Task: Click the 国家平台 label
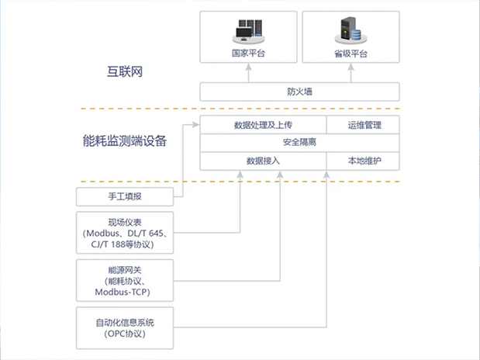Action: point(249,54)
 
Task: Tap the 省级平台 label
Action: point(350,54)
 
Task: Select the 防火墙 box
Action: point(299,92)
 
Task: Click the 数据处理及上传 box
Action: point(262,125)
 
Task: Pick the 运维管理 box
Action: point(362,125)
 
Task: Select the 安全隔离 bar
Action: point(299,143)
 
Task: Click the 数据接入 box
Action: point(262,161)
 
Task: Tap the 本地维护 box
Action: point(362,161)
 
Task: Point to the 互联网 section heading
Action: point(126,72)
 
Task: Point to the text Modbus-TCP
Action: point(123,292)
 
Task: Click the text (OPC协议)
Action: point(123,334)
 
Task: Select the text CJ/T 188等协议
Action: point(123,244)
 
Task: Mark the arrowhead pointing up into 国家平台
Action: point(249,67)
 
